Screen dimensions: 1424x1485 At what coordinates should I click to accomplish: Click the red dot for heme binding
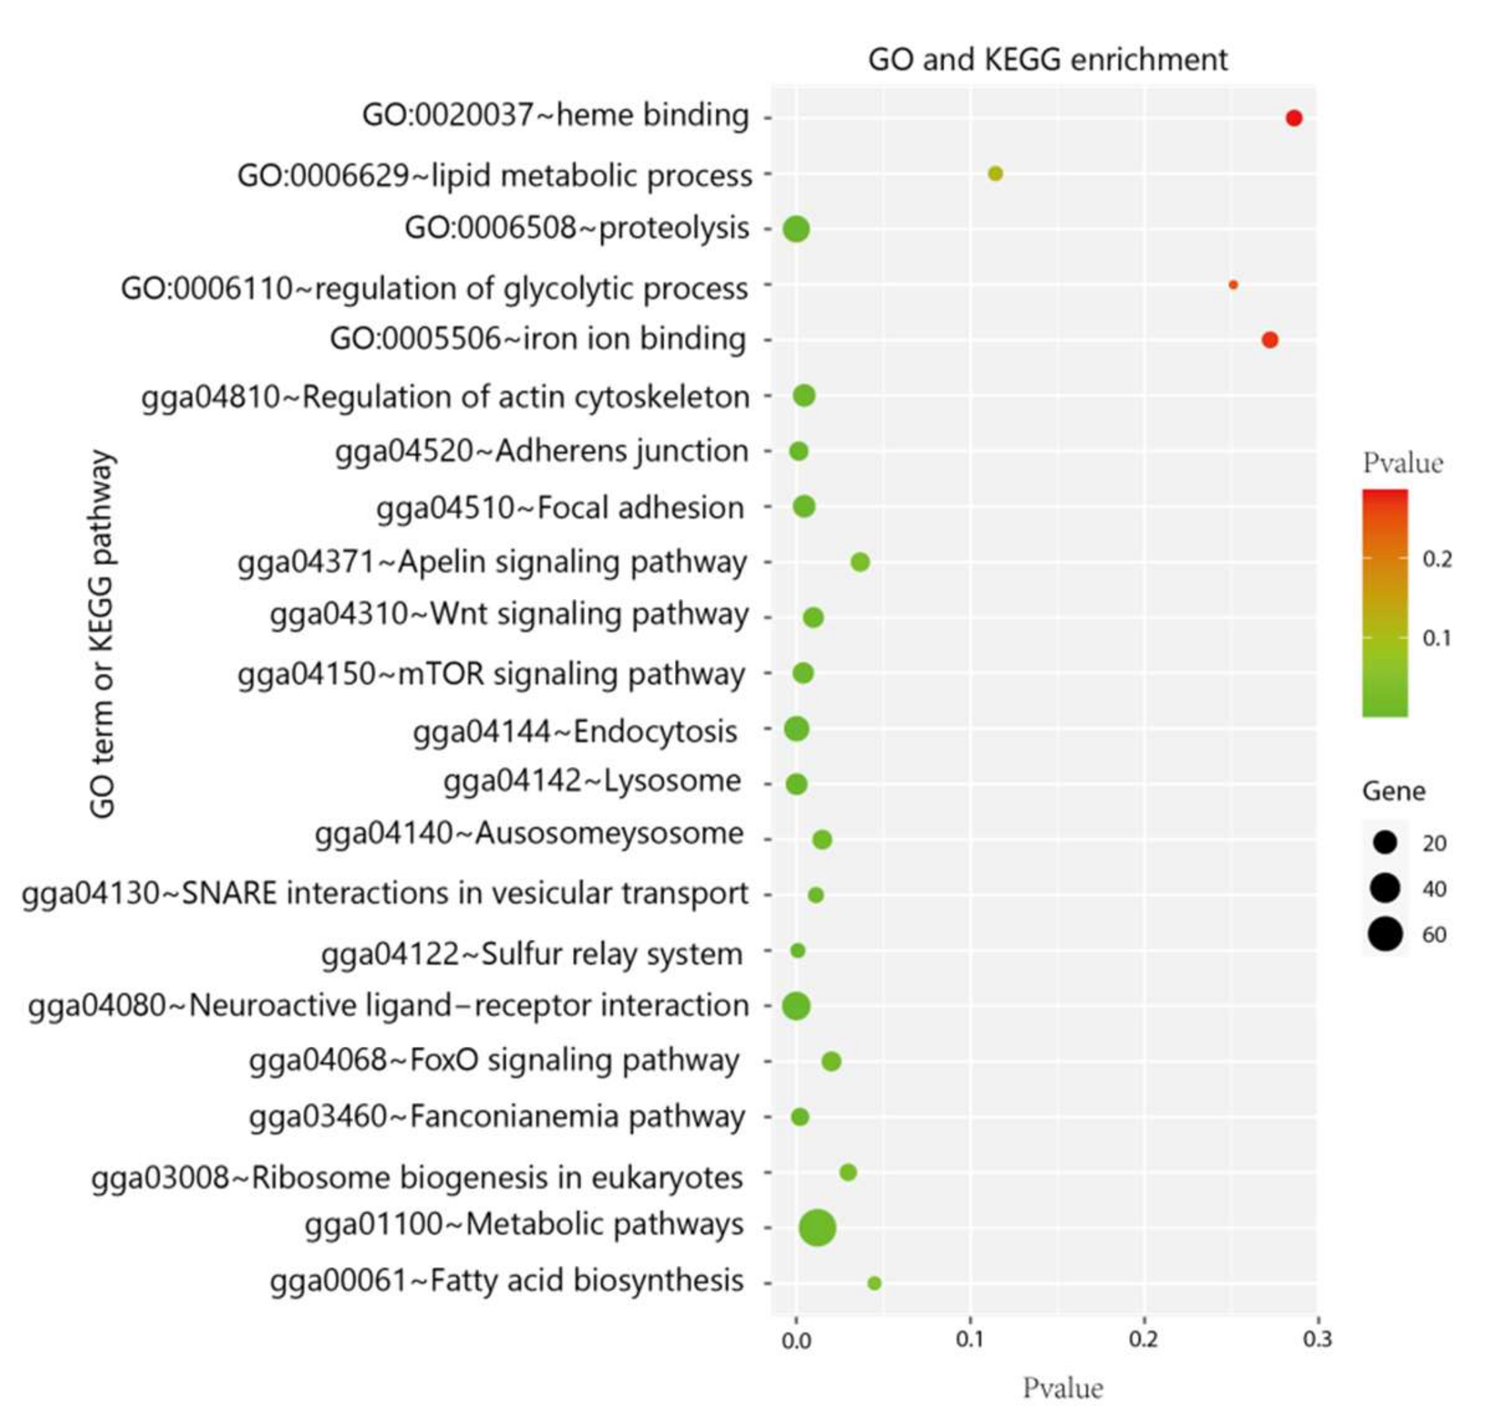coord(1293,118)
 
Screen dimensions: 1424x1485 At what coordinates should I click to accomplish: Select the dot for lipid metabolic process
coord(995,173)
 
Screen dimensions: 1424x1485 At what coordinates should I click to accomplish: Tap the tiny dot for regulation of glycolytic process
coord(1233,285)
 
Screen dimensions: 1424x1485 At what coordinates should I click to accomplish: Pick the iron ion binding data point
coord(1269,339)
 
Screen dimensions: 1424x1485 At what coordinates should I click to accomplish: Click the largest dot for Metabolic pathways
coord(817,1227)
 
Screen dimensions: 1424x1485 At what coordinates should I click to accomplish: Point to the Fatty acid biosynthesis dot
coord(874,1282)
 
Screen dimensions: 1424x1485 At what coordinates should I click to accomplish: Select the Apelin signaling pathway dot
coord(859,561)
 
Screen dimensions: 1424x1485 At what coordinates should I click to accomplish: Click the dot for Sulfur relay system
coord(797,950)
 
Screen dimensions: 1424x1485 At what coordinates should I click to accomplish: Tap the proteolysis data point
coord(795,229)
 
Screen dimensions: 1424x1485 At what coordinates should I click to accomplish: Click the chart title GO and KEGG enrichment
coord(1047,60)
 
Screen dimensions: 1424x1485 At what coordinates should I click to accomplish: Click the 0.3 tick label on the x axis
coord(1317,1339)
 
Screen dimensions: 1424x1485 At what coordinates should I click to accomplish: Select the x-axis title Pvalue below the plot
coord(1062,1388)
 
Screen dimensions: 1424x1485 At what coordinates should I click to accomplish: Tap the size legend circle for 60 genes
coord(1384,934)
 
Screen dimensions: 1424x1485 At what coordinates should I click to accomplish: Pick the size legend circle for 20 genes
coord(1384,842)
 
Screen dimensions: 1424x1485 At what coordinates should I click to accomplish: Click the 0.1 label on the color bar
coord(1437,638)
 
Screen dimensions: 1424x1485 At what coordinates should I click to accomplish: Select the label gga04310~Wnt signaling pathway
coord(509,614)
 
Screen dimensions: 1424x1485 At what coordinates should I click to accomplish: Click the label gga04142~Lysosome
coord(592,781)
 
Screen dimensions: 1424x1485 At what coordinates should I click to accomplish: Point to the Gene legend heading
coord(1392,791)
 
